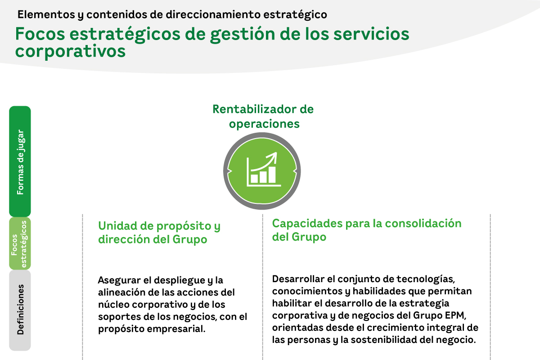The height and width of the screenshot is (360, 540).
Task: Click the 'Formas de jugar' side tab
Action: [20, 161]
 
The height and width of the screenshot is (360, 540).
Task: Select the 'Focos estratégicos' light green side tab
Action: [20, 243]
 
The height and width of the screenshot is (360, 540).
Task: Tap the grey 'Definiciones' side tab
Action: [20, 310]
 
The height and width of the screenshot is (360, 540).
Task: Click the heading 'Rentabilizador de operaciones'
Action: [263, 116]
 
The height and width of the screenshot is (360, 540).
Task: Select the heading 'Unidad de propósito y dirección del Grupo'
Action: [159, 233]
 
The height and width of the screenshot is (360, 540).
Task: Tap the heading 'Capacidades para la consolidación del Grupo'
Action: [367, 229]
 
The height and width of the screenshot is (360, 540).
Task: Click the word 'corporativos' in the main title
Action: [70, 51]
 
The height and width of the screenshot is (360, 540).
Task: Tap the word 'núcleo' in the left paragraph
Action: [113, 305]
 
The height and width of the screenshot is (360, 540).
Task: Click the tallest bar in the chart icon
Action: [271, 174]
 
